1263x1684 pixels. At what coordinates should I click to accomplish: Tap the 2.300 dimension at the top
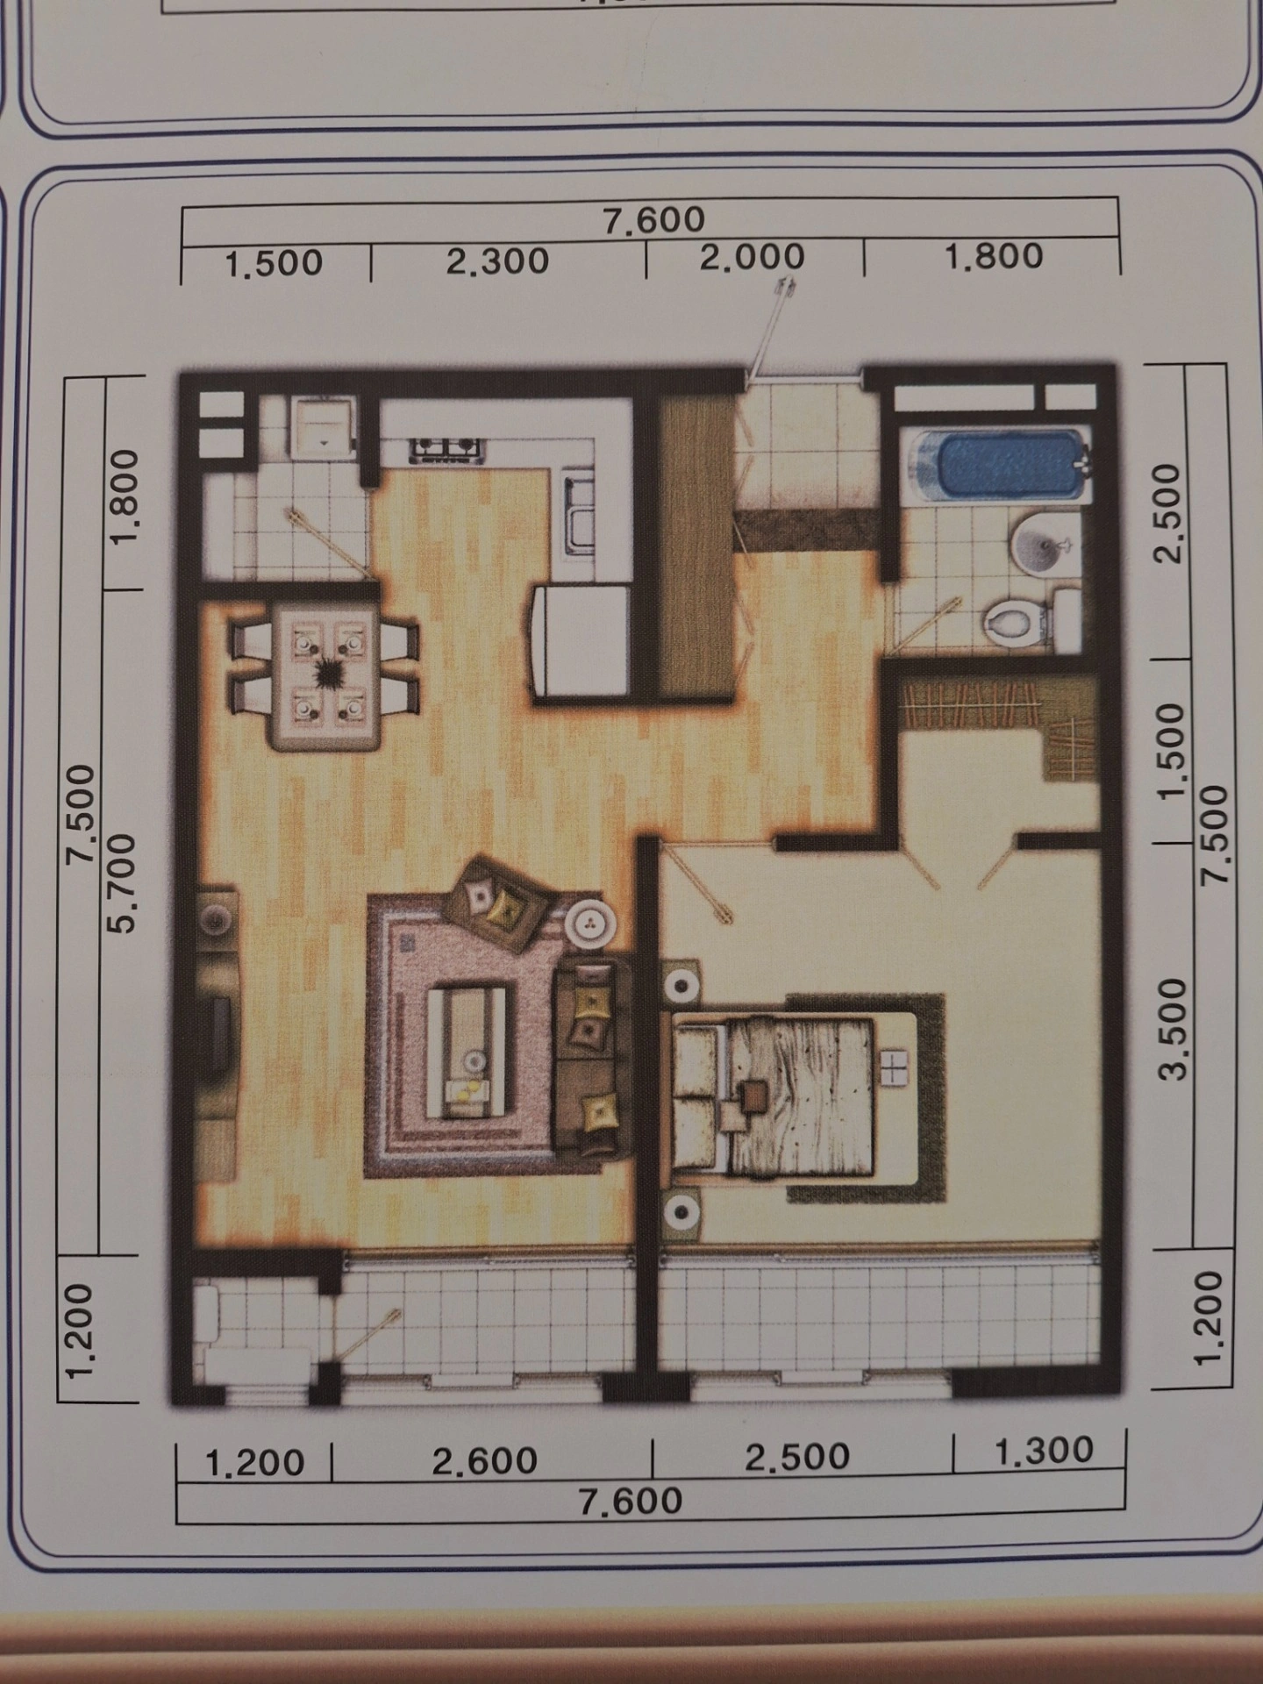[497, 261]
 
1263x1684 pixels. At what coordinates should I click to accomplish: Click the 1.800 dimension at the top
[993, 257]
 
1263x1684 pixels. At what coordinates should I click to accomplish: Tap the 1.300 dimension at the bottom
[1045, 1451]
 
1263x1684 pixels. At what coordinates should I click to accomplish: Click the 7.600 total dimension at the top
[654, 219]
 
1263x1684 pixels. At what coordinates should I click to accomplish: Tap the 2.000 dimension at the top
[752, 257]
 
